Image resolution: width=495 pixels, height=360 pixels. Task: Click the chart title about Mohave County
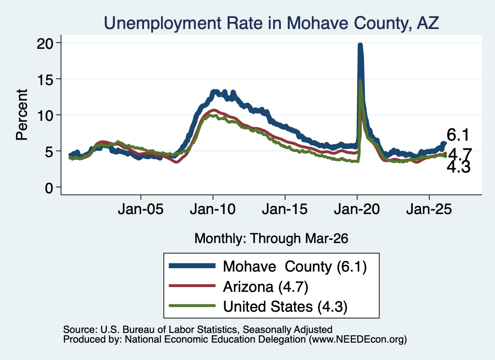pyautogui.click(x=271, y=23)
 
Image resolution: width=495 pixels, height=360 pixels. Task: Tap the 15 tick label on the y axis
pyautogui.click(x=44, y=79)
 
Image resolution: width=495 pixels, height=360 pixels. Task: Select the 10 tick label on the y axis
pyautogui.click(x=44, y=115)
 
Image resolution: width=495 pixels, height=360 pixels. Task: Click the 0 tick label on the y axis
pyautogui.click(x=49, y=188)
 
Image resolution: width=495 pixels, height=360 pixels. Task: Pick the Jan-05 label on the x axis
pyautogui.click(x=141, y=209)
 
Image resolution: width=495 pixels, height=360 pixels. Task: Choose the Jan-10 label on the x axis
pyautogui.click(x=213, y=209)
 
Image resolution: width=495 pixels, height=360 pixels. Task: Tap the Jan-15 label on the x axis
pyautogui.click(x=285, y=209)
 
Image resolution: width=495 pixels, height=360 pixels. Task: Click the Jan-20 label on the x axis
pyautogui.click(x=357, y=209)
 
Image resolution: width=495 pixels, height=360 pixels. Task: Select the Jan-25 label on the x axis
pyautogui.click(x=429, y=209)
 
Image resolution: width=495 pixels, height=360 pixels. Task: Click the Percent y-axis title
pyautogui.click(x=22, y=115)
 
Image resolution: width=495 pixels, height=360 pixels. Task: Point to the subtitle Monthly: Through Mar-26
pyautogui.click(x=271, y=238)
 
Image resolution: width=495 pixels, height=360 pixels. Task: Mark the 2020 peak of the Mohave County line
pyautogui.click(x=360, y=45)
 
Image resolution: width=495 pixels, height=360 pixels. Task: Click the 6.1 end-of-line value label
pyautogui.click(x=458, y=135)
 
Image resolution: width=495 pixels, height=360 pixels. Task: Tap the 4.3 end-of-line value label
pyautogui.click(x=459, y=167)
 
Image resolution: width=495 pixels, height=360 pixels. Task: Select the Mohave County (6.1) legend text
pyautogui.click(x=295, y=266)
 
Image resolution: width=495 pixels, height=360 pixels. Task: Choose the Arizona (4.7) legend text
pyautogui.click(x=265, y=287)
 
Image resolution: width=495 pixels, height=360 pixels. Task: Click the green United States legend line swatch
pyautogui.click(x=192, y=306)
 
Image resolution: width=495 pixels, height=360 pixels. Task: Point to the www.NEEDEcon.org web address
pyautogui.click(x=357, y=340)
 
